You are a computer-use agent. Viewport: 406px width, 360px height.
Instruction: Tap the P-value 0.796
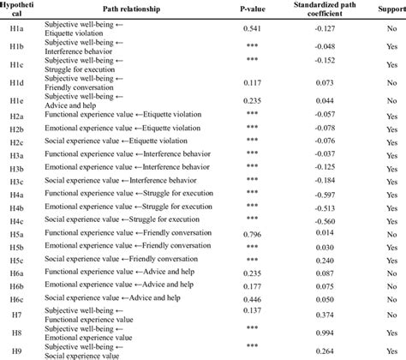pos(253,232)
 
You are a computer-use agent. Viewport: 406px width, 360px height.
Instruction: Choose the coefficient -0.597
pos(325,195)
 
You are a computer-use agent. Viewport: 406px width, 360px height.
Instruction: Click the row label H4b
pos(15,208)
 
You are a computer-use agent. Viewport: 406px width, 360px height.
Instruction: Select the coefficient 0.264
pos(325,349)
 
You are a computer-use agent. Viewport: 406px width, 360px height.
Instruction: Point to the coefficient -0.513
pos(325,208)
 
